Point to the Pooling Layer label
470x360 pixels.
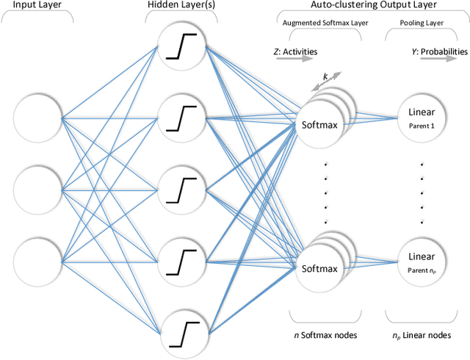422,22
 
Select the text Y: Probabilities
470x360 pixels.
438,51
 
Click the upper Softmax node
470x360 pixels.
319,123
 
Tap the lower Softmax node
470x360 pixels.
319,268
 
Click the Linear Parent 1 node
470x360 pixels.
422,118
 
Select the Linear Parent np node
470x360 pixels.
422,262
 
